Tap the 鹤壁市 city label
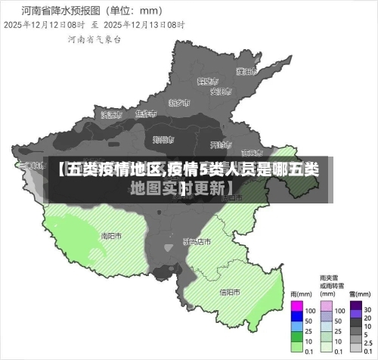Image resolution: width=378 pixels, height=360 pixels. tap(207, 80)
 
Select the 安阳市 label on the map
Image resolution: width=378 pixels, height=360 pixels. tap(220, 92)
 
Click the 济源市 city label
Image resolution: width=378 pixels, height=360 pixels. tap(110, 115)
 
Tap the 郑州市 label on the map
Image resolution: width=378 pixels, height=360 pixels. tap(163, 139)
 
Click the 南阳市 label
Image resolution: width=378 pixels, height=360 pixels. tap(111, 235)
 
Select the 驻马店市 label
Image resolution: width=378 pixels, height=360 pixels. tap(197, 241)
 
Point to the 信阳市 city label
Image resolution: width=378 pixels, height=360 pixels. tap(230, 292)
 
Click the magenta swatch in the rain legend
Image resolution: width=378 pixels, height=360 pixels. tap(296, 310)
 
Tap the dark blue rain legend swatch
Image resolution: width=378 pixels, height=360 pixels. tap(296, 320)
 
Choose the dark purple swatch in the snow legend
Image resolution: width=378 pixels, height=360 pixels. tap(355, 310)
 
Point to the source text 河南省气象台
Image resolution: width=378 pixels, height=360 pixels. tap(92, 38)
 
